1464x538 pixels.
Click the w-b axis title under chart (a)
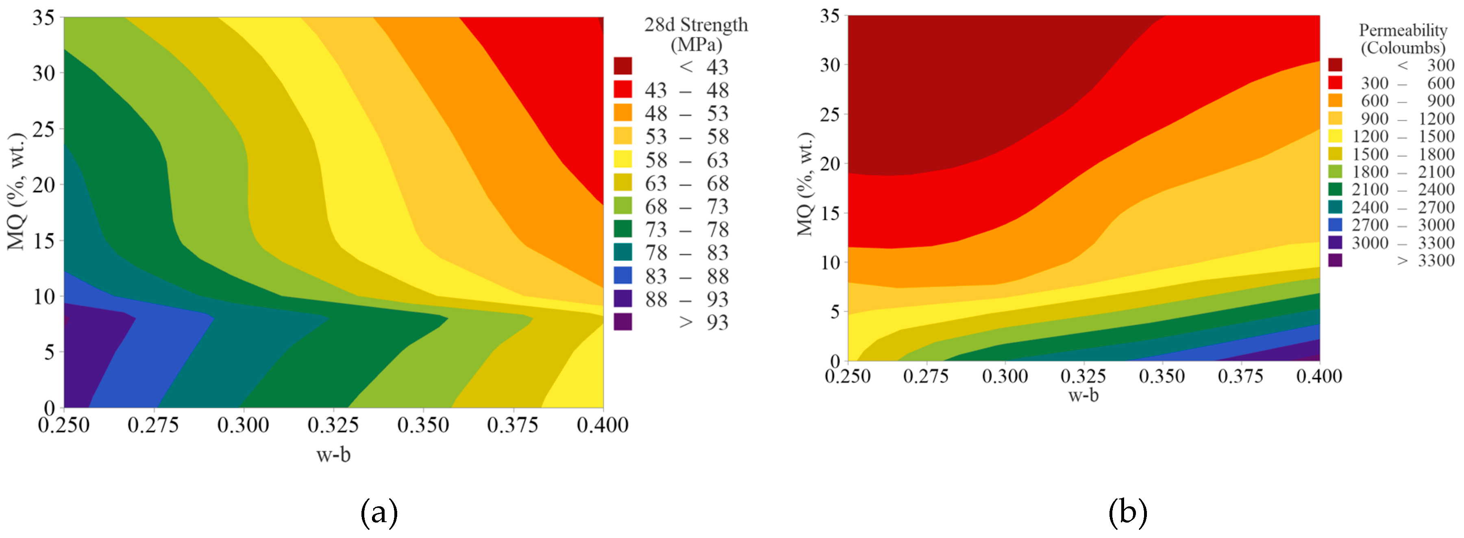coord(334,454)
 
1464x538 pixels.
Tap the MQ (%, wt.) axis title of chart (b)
coord(805,184)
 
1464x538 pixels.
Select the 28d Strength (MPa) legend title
coord(696,34)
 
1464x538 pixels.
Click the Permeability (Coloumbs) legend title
coord(1402,39)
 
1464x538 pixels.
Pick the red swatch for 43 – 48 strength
coord(622,89)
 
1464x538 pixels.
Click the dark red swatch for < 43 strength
coord(622,66)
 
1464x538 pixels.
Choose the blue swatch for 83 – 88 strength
coord(622,276)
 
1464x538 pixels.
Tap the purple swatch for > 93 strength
coord(622,321)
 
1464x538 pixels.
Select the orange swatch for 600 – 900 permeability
coord(1335,100)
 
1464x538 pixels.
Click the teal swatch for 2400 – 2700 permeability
coord(1335,207)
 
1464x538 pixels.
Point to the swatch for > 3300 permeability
coord(1335,260)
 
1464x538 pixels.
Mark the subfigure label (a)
coord(379,512)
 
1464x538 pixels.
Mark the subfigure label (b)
coord(1127,512)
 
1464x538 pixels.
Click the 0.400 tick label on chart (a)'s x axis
coord(603,425)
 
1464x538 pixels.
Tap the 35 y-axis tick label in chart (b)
coord(830,16)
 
